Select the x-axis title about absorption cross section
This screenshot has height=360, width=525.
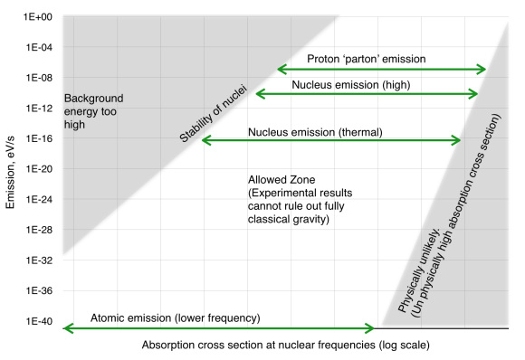click(x=284, y=346)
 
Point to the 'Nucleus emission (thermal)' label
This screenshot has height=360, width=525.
click(x=315, y=132)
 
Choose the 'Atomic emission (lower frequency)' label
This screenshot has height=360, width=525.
click(x=176, y=318)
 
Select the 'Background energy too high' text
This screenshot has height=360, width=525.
click(x=94, y=111)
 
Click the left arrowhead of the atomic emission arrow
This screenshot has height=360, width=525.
click(x=65, y=328)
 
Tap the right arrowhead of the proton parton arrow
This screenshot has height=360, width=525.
click(x=482, y=70)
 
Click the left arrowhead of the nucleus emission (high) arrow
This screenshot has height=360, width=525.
click(x=261, y=94)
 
